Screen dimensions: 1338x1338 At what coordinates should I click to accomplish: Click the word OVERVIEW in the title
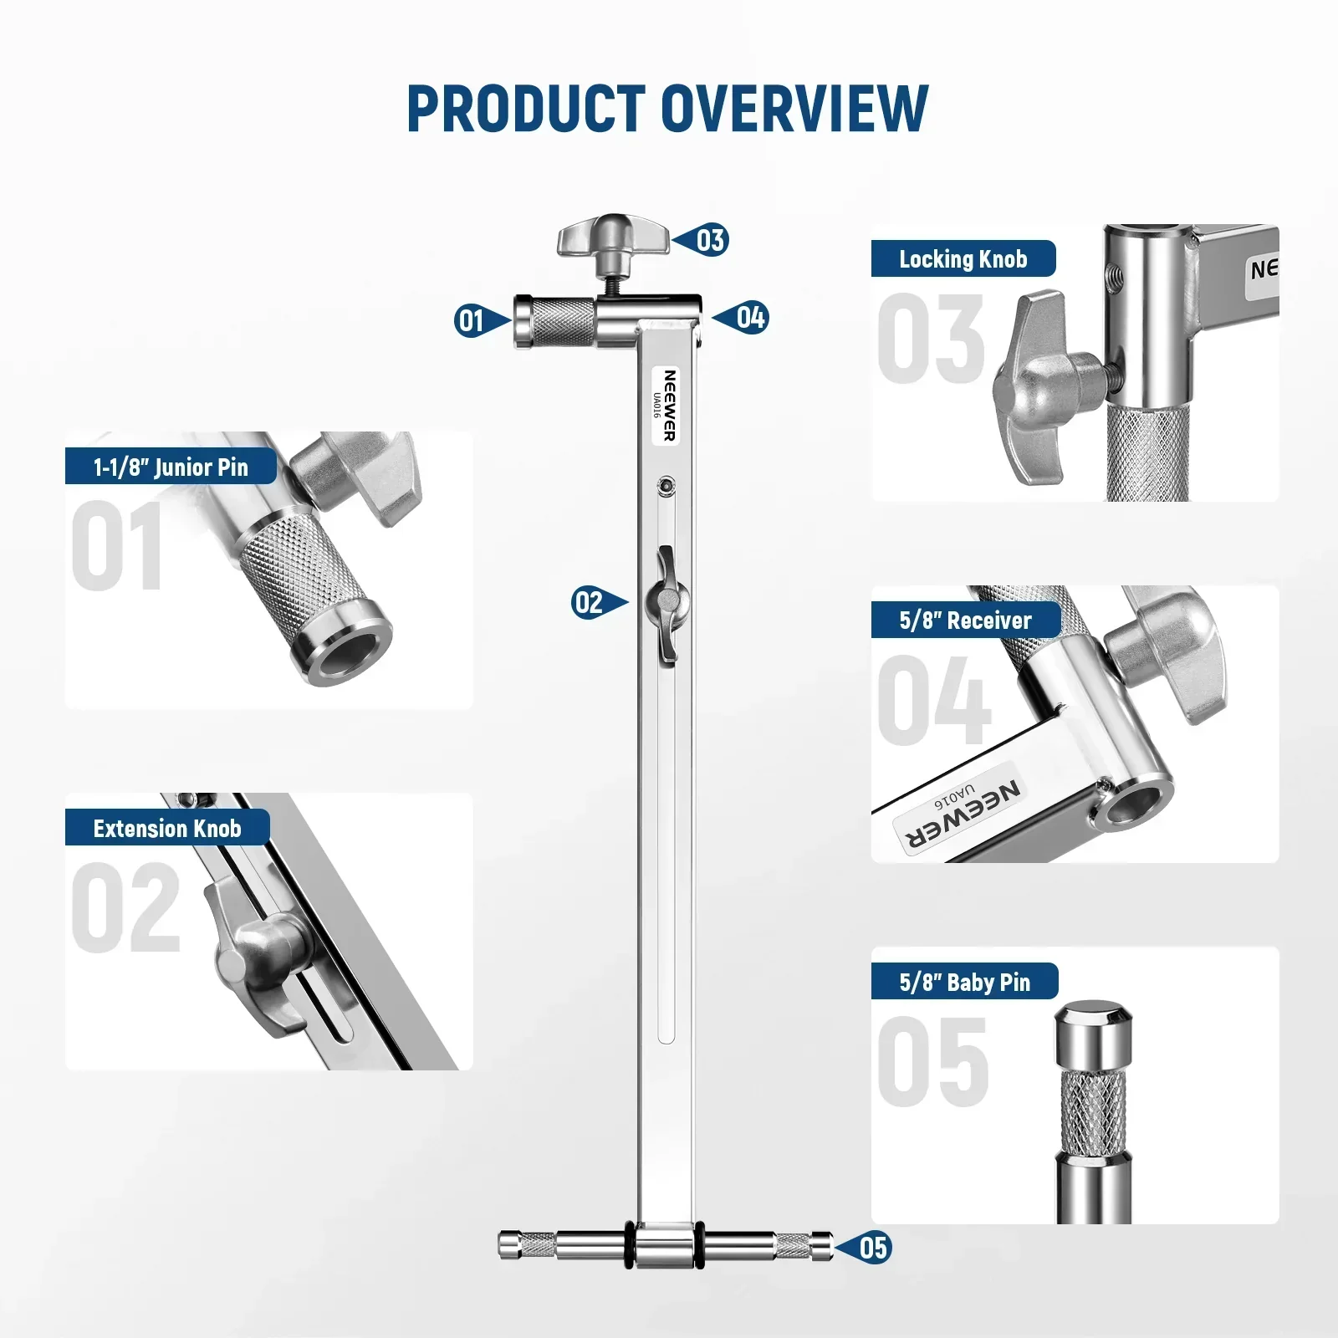point(794,109)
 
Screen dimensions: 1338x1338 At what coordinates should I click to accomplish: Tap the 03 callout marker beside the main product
point(710,241)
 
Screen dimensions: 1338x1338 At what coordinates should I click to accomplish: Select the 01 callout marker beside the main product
point(472,320)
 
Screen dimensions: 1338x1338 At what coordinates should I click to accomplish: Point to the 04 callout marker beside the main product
point(750,318)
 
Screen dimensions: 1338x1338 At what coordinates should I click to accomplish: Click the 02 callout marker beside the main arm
point(589,602)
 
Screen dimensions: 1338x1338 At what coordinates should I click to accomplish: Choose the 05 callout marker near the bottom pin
point(873,1248)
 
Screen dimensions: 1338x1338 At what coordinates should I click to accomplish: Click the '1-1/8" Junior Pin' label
point(171,467)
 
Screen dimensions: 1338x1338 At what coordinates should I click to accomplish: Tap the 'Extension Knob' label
point(167,828)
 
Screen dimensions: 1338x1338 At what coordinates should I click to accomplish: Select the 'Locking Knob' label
point(963,259)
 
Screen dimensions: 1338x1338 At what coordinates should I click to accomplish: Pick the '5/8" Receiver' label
point(965,620)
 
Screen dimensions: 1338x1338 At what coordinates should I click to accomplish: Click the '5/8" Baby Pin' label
point(964,982)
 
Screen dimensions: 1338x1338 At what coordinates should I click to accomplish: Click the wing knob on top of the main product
point(613,239)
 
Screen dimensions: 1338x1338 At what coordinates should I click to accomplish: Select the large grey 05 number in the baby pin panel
point(933,1062)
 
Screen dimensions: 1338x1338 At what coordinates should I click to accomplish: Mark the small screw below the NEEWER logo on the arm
point(666,484)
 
